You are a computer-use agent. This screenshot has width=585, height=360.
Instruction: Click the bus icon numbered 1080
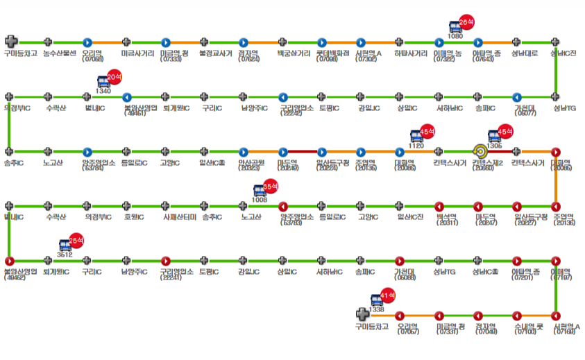coord(455,28)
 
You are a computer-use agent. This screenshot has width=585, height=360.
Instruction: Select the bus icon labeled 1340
coord(103,83)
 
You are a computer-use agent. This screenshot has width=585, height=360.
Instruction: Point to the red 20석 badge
coord(115,77)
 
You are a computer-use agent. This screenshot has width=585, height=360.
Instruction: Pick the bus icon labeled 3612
coord(66,246)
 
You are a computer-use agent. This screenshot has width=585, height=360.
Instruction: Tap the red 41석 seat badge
coord(389,296)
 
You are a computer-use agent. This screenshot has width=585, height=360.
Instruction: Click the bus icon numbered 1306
coord(494,137)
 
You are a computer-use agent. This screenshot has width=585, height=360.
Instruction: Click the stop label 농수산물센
coord(58,53)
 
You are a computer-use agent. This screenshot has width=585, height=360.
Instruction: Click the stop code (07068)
coord(92,59)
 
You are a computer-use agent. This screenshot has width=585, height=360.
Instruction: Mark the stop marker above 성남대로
coord(516,42)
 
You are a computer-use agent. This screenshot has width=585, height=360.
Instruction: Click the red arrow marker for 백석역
coord(439,206)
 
